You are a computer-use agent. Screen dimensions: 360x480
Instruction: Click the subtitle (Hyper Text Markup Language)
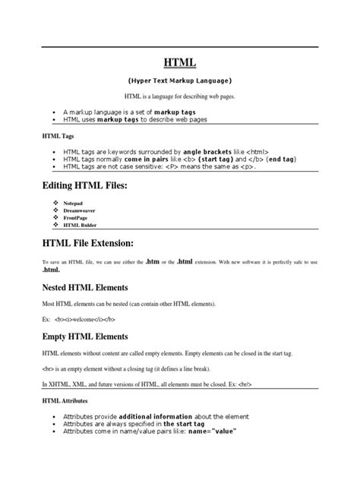click(179, 81)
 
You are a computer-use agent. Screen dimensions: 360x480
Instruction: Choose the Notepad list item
click(75, 204)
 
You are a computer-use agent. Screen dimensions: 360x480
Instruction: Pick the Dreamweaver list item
click(81, 211)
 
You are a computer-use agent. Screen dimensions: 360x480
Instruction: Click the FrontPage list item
click(77, 218)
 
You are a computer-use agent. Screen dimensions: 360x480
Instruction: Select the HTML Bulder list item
click(81, 226)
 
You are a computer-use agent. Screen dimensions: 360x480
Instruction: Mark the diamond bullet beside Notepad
click(55, 204)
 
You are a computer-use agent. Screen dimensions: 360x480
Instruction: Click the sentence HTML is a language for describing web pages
click(179, 98)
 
